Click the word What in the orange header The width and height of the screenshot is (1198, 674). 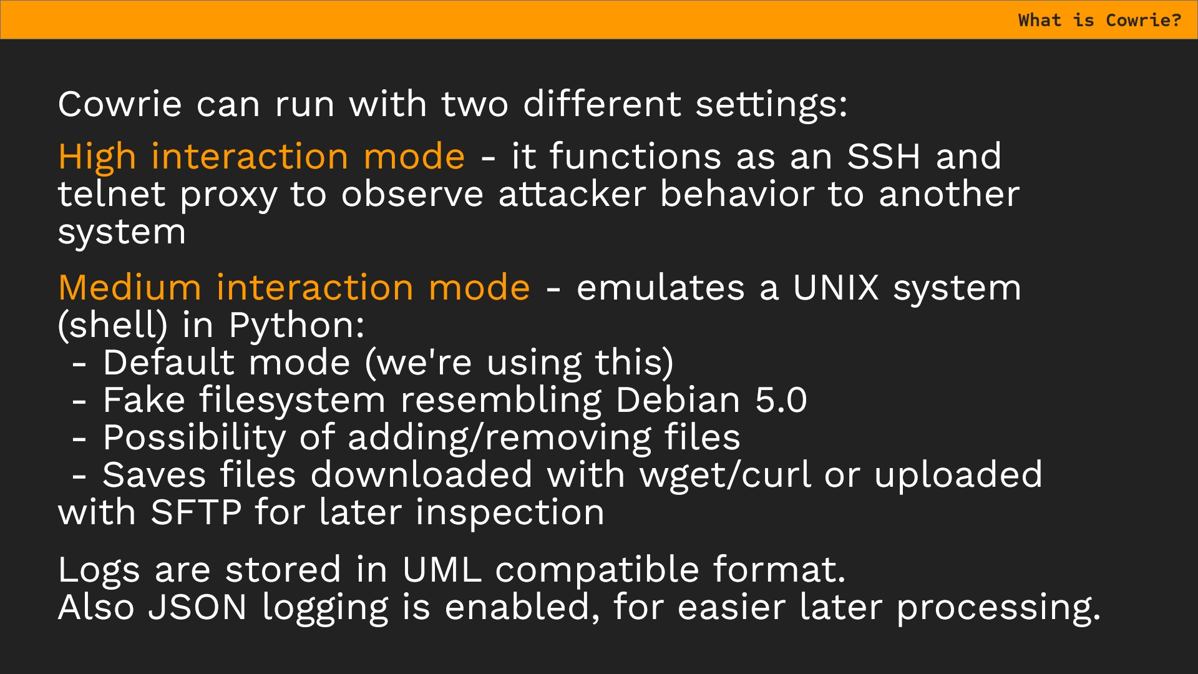click(1040, 20)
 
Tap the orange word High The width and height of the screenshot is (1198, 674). click(97, 157)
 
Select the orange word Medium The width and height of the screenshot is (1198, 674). click(130, 288)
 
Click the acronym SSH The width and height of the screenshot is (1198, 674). click(884, 156)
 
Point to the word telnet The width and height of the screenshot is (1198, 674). click(112, 194)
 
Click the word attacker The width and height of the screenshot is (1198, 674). click(572, 194)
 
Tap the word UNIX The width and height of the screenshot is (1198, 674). click(835, 288)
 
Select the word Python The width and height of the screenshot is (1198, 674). click(296, 326)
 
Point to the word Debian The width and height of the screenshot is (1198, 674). click(678, 400)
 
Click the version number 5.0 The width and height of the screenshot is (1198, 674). click(781, 400)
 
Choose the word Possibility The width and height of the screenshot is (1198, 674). click(194, 439)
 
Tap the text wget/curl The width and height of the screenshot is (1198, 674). click(725, 476)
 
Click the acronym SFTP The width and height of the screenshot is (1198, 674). click(196, 512)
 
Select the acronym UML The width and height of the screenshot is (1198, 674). click(442, 570)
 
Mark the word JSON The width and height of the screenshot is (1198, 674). click(197, 607)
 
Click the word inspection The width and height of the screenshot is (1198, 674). click(510, 514)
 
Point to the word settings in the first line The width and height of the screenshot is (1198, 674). click(771, 104)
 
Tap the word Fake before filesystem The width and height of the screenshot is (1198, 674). click(144, 400)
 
